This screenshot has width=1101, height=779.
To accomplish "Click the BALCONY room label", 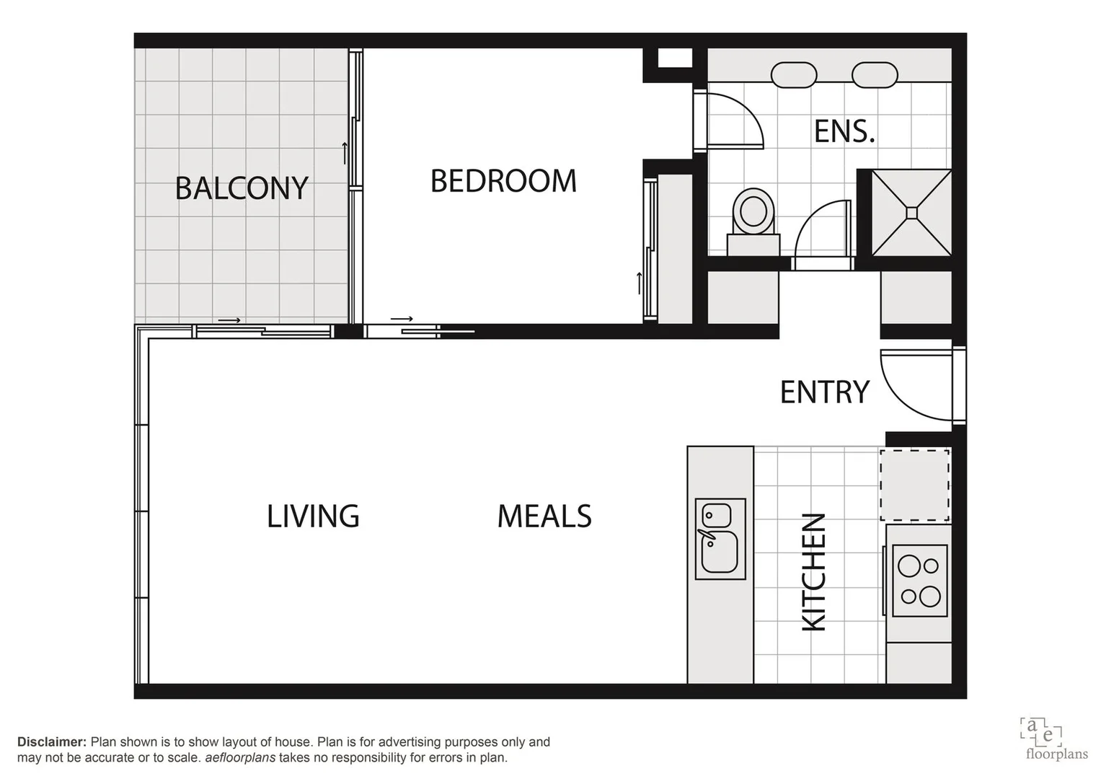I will pyautogui.click(x=242, y=188).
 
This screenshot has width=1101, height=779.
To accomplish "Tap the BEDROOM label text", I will pyautogui.click(x=503, y=181).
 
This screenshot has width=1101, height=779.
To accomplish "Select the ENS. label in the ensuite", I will pyautogui.click(x=844, y=131).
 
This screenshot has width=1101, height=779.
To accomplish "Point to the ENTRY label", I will pyautogui.click(x=825, y=392).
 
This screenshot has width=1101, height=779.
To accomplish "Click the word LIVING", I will pyautogui.click(x=313, y=516).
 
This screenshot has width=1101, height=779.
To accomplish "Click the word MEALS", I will pyautogui.click(x=544, y=516).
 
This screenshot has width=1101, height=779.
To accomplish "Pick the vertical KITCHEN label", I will pyautogui.click(x=814, y=572).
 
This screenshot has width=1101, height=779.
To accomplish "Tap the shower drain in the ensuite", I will pyautogui.click(x=911, y=212).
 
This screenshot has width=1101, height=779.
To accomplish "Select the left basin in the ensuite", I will pyautogui.click(x=794, y=75).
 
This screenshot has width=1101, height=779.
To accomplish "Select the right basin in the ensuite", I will pyautogui.click(x=875, y=75).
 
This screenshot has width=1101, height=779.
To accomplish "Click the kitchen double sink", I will pyautogui.click(x=720, y=539).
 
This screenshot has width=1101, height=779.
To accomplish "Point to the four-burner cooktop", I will pyautogui.click(x=919, y=581).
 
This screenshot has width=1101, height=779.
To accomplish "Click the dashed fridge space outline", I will pyautogui.click(x=914, y=485).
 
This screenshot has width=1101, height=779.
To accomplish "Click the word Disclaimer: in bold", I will pyautogui.click(x=52, y=742).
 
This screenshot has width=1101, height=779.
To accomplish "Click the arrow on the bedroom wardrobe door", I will pyautogui.click(x=639, y=283).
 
